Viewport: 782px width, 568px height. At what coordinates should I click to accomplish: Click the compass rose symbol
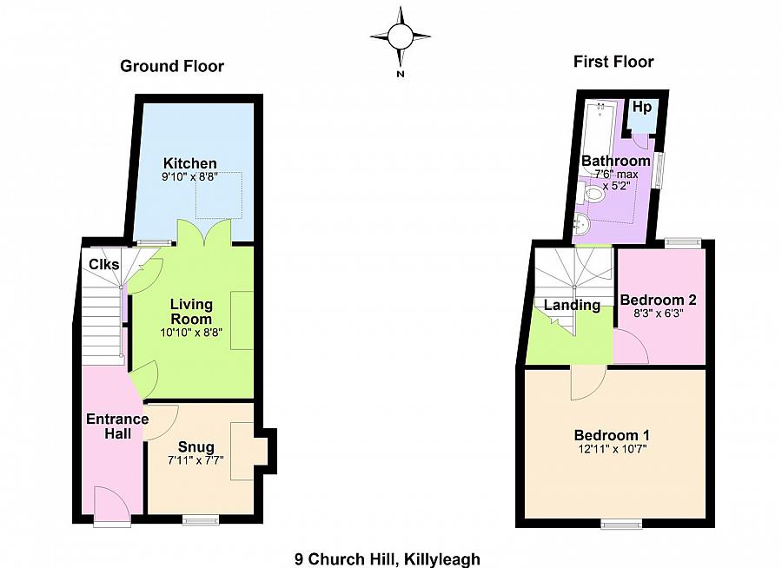pos(401,36)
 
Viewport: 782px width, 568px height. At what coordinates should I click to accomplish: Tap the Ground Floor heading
pos(171,66)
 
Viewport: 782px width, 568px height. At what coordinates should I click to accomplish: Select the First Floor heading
pos(613,61)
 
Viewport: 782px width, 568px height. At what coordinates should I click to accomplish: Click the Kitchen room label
pos(190,163)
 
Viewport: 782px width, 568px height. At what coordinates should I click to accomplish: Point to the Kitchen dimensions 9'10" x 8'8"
pos(190,177)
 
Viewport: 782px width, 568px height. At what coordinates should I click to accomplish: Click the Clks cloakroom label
pos(103,264)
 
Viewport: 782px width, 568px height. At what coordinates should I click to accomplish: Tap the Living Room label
pos(191,312)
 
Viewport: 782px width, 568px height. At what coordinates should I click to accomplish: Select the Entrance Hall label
pos(116,426)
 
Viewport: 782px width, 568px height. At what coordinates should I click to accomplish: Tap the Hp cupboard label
pos(642,107)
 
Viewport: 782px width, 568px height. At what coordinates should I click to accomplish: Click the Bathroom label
pos(615,161)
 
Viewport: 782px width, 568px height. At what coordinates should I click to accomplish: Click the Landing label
pos(573,305)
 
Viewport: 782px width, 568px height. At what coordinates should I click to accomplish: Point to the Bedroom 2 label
pos(658,301)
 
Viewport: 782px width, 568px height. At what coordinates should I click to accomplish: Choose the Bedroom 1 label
pos(611,435)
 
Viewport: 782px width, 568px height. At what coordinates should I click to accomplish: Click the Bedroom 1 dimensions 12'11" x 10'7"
pos(611,449)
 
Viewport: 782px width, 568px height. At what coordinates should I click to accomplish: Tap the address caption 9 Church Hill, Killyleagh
pos(388,559)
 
